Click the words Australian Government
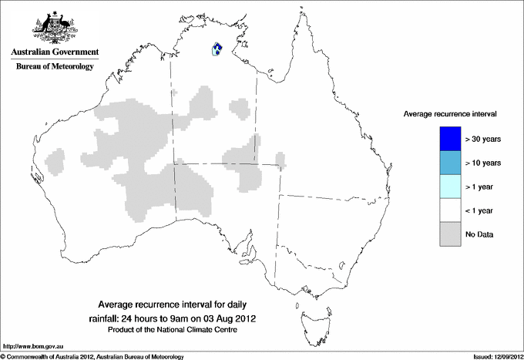(x=55, y=52)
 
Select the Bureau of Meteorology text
(x=55, y=67)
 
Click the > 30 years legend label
(x=483, y=140)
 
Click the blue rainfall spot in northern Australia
(x=217, y=49)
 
